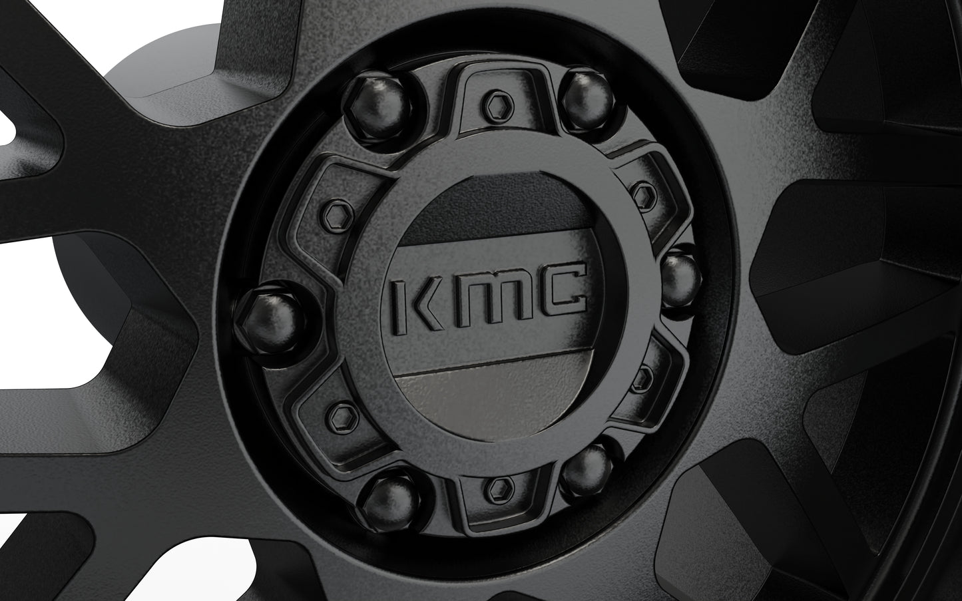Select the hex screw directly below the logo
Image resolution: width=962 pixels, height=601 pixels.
point(493,483)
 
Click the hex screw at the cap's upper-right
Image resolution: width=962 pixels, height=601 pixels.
point(642,192)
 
